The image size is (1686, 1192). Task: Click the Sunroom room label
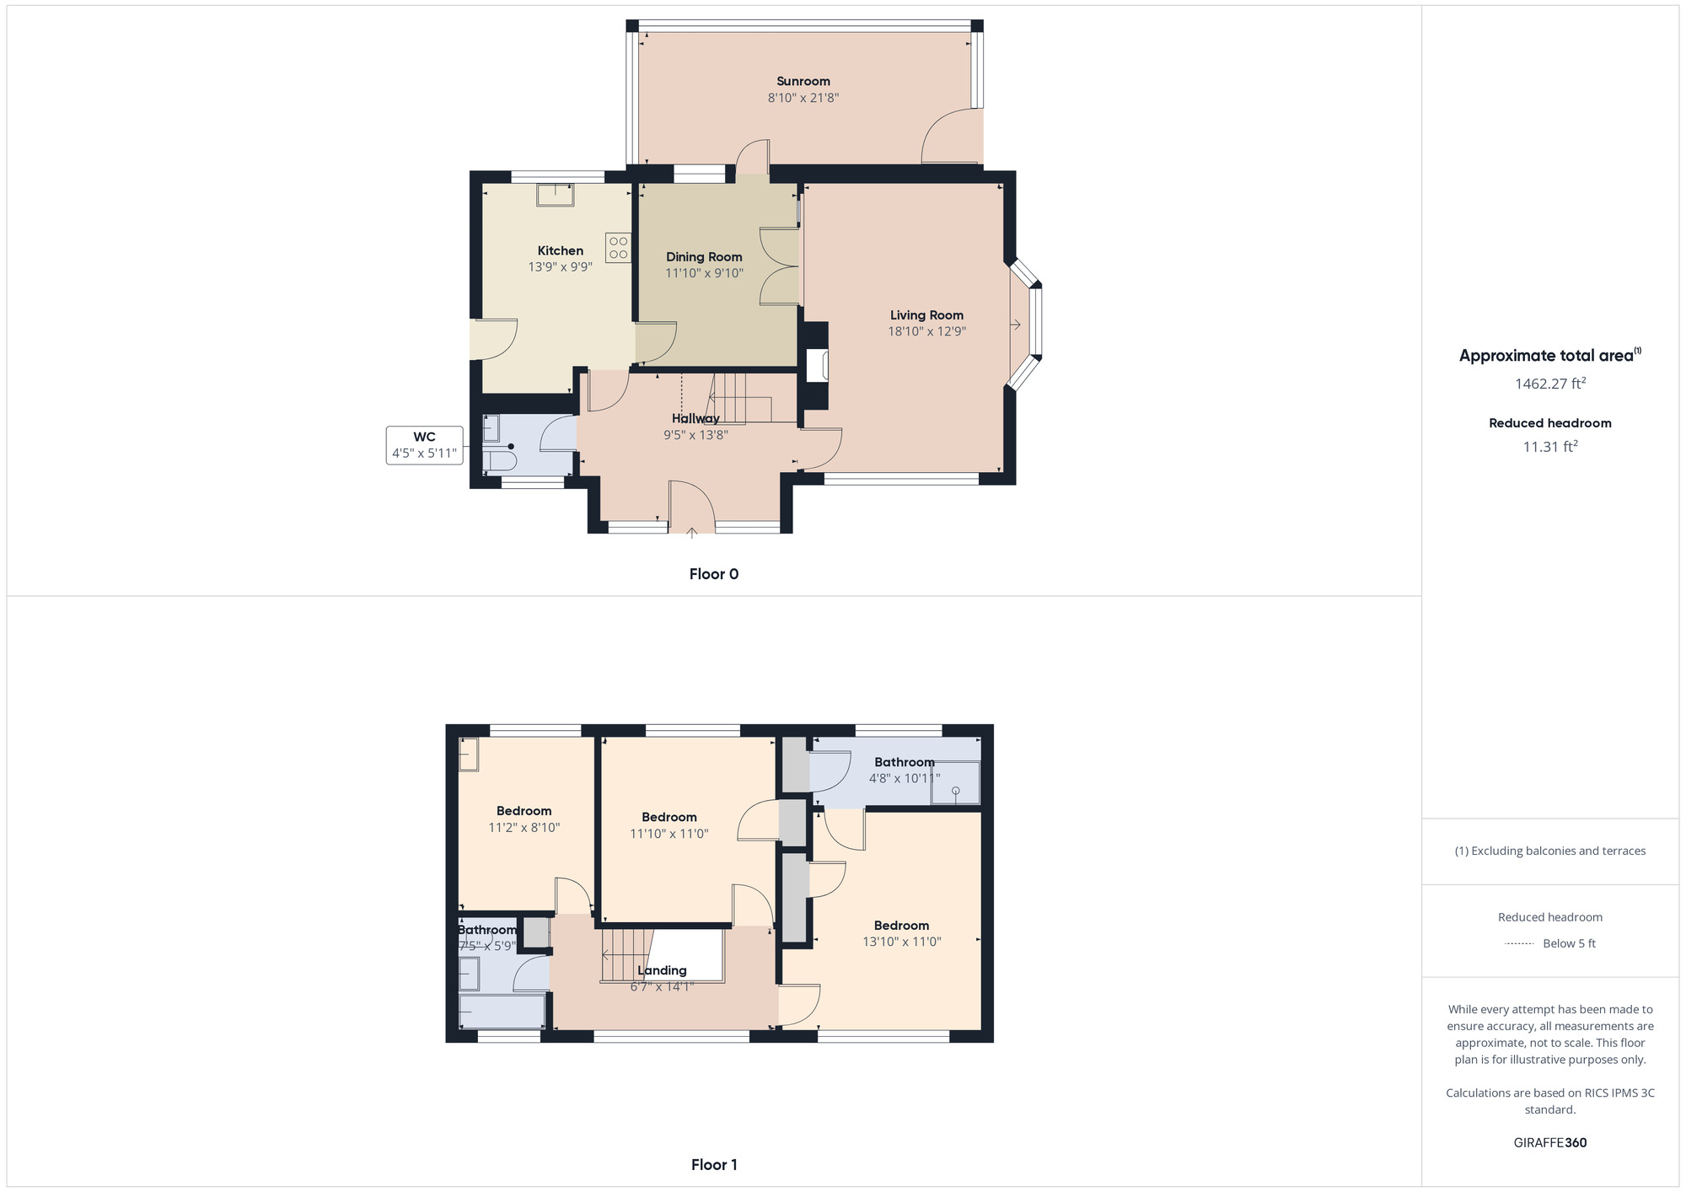[x=803, y=81]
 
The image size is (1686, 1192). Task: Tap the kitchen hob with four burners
[x=618, y=248]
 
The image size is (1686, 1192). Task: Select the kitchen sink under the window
[x=556, y=195]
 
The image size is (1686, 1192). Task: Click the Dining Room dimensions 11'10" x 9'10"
[x=704, y=273]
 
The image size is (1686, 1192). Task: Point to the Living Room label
[x=926, y=315]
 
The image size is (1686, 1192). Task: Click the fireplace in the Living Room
[x=817, y=367]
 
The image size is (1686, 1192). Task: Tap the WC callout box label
[x=424, y=437]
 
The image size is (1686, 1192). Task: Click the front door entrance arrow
[x=692, y=533]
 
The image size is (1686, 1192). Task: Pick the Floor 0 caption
[x=713, y=574]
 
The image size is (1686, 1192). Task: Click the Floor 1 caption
[x=713, y=1165]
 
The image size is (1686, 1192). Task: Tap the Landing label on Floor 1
[x=662, y=970]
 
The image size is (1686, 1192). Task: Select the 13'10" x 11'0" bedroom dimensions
[x=901, y=942]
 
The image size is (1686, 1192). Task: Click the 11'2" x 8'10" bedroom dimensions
[x=524, y=828]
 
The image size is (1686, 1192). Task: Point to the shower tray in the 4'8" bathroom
[x=955, y=783]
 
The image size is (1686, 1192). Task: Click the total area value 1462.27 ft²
[x=1549, y=384]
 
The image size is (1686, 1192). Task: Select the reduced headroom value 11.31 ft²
[x=1549, y=447]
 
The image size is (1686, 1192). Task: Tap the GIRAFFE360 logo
[x=1549, y=1143]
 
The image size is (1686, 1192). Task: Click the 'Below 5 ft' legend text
[x=1569, y=943]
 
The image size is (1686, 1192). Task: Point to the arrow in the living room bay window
[x=1016, y=325]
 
